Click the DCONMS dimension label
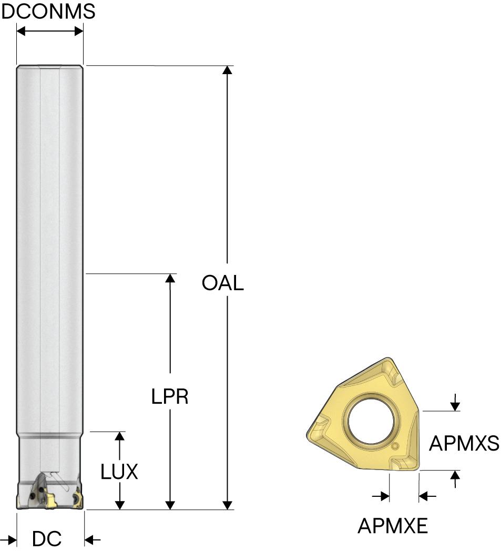pos(48,11)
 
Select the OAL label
pos(222,283)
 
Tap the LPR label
pos(169,397)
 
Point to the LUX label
pos(119,472)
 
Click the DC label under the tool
pos(47,539)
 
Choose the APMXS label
pos(464,444)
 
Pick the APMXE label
pos(393,525)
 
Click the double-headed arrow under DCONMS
pos(50,32)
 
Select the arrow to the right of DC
pos(92,539)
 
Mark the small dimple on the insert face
pos(395,446)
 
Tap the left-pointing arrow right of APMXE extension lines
pos(427,496)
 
